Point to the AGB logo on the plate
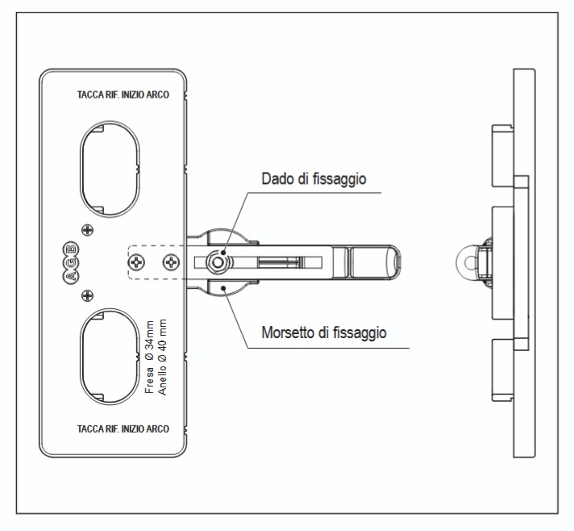70,261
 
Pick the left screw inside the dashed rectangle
139,261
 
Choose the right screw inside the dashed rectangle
171,261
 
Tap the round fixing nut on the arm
216,261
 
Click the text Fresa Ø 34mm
150,357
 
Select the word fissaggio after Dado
341,180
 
